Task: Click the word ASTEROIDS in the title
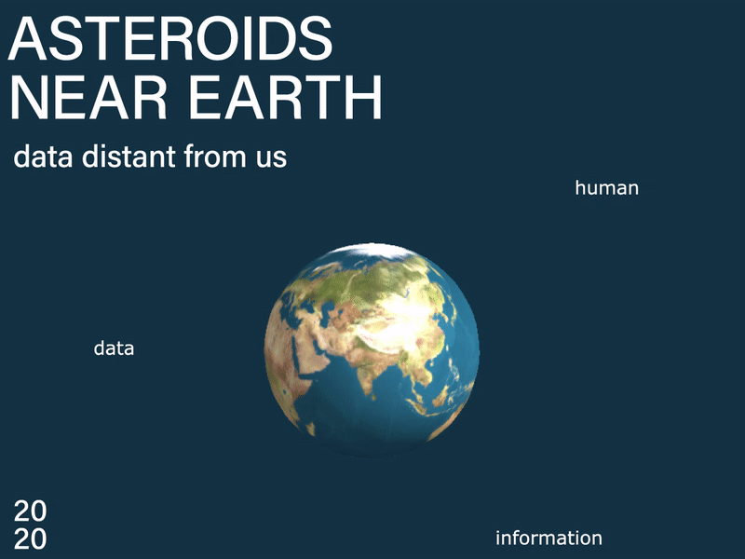170,38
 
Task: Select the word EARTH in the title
285,97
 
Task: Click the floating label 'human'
607,188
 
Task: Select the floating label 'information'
549,539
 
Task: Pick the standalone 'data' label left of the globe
114,348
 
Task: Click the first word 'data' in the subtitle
43,157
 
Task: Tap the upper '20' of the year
31,511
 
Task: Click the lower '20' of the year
31,539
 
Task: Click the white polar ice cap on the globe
375,251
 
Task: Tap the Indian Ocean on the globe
371,418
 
